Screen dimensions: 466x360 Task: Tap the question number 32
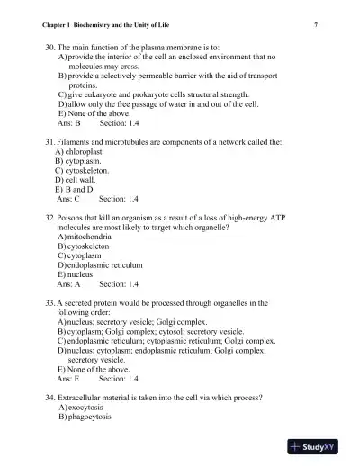coord(50,218)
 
